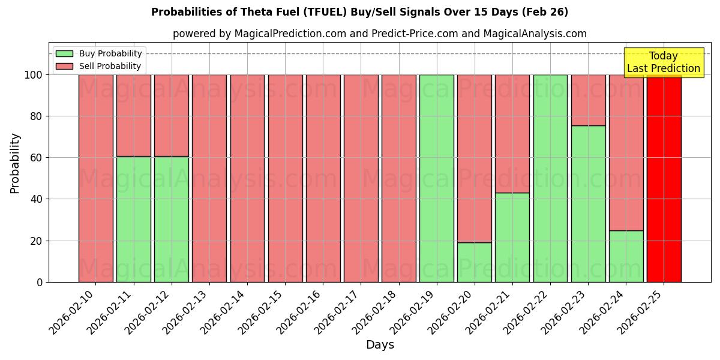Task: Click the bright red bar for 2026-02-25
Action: (664, 178)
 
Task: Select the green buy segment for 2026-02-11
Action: (133, 219)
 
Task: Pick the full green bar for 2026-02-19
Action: (436, 178)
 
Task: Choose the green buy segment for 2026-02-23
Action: (588, 204)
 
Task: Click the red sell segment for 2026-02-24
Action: (626, 152)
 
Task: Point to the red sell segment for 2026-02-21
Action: (512, 133)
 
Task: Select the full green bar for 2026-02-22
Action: (550, 178)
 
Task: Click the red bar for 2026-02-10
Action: (95, 178)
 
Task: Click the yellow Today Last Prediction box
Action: (663, 62)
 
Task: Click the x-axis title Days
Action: (380, 345)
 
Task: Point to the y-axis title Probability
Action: (15, 163)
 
